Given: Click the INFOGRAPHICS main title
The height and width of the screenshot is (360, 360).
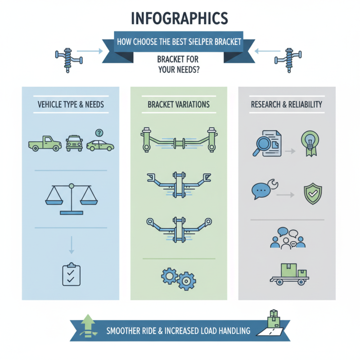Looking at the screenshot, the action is (180, 18).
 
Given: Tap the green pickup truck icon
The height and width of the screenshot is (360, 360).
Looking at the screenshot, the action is (45, 144).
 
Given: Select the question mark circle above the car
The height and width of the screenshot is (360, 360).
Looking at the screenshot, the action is (99, 133).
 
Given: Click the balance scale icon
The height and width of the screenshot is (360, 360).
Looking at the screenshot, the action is (72, 199).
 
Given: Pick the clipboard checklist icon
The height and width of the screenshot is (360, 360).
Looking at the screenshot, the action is (72, 274).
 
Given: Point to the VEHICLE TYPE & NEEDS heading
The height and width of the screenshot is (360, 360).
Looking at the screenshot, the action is (71, 104).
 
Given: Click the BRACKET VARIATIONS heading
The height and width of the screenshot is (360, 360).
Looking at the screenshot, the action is (179, 104).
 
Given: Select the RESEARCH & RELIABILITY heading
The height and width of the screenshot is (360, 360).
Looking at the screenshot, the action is (287, 104).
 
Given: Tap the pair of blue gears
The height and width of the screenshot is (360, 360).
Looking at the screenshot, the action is (179, 279).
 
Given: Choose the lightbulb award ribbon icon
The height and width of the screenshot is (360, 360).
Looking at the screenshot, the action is (310, 144).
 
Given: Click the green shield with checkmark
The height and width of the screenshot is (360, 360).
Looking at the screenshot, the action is (313, 194).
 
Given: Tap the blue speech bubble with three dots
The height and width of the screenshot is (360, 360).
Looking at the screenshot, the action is (261, 191).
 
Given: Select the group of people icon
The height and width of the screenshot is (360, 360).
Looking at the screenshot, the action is (288, 238).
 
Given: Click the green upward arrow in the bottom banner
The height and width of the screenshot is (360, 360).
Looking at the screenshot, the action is (88, 326).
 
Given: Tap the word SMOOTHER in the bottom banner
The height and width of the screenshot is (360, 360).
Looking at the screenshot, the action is (121, 331).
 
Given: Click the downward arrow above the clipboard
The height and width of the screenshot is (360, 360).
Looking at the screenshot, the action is (72, 245).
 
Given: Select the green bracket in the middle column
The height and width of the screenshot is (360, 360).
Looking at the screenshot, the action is (179, 140).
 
